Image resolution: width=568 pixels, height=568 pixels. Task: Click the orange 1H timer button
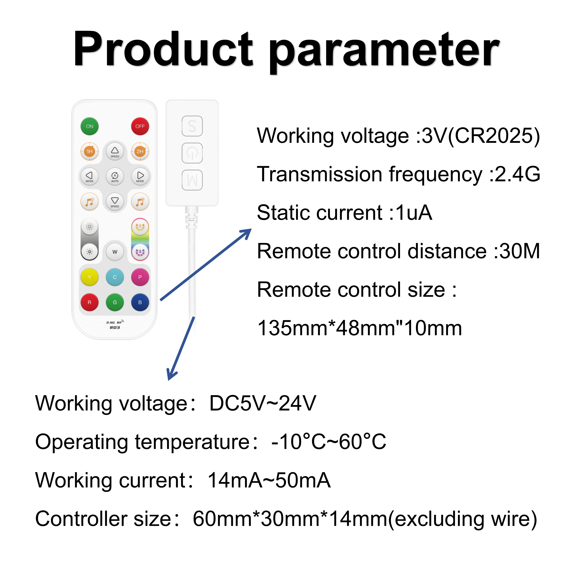[x=89, y=151]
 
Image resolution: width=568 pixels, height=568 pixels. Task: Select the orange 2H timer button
[x=140, y=151]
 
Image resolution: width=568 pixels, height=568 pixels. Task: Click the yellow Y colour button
[x=89, y=277]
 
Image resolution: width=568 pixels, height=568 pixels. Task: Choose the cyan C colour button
[x=115, y=277]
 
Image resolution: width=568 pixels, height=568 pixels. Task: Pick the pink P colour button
[x=140, y=277]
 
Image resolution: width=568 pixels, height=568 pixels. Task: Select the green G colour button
[x=115, y=302]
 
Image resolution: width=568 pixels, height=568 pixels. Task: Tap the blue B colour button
[x=140, y=302]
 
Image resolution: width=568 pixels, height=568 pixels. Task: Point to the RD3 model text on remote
[x=115, y=328]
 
